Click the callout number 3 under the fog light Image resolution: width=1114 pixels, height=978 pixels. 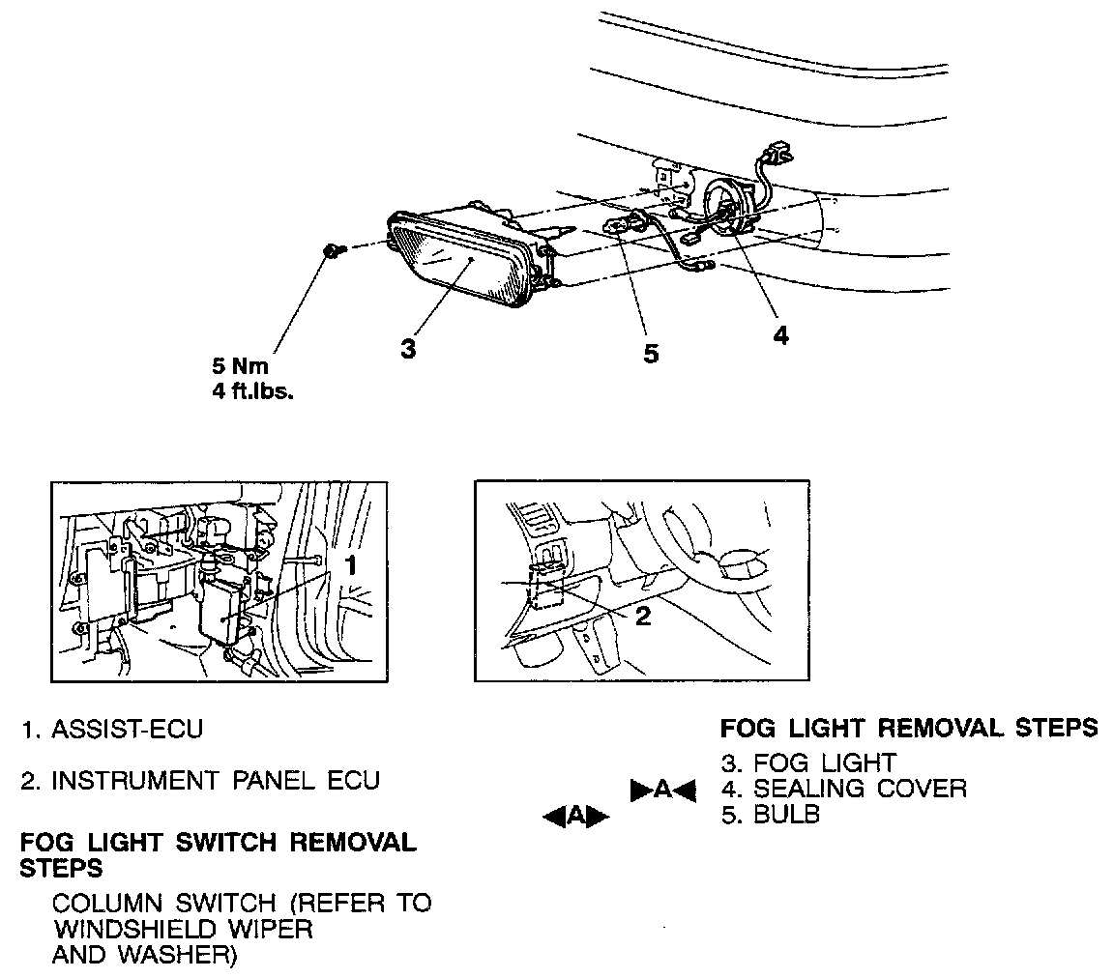(x=408, y=349)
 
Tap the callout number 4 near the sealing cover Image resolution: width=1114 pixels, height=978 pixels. (x=779, y=335)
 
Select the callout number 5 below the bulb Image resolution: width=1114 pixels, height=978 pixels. (x=651, y=354)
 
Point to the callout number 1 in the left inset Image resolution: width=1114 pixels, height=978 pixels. (x=353, y=564)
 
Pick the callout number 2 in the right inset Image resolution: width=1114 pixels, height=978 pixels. (x=643, y=617)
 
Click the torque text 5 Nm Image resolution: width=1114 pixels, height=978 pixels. (x=241, y=367)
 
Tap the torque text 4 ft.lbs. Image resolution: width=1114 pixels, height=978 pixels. (x=252, y=394)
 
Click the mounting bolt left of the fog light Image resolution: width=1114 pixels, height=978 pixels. (x=332, y=252)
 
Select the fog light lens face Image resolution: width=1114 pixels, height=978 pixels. (x=454, y=255)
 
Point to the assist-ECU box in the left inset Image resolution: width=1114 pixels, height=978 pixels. (x=224, y=613)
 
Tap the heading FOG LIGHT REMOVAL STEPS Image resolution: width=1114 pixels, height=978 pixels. (x=909, y=728)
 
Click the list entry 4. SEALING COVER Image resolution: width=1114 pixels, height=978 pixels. (x=844, y=789)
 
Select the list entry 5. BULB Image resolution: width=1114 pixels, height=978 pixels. (x=771, y=815)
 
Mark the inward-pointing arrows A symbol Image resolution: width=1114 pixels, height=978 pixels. (x=663, y=790)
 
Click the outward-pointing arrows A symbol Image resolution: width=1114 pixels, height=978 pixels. (x=576, y=817)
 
